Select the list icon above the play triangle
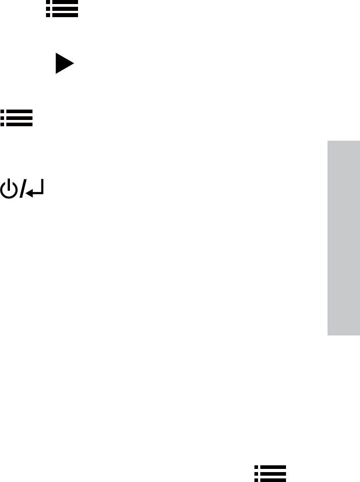[x=62, y=9]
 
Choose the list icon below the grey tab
[x=270, y=473]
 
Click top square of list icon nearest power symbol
[x=3, y=111]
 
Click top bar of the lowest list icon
[x=273, y=468]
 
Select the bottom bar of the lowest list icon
[x=273, y=480]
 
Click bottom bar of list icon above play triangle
[x=65, y=15]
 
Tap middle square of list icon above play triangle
[x=48, y=9]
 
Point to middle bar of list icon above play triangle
[x=65, y=9]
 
